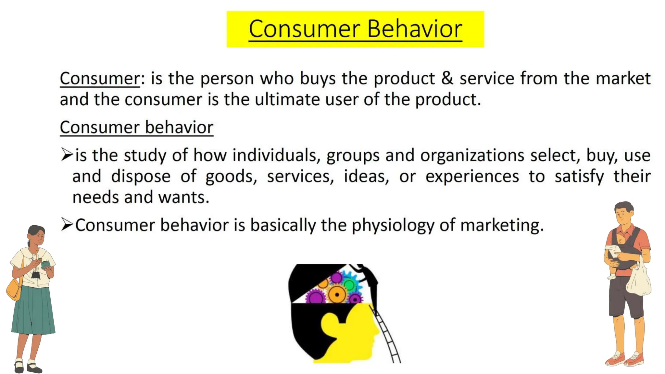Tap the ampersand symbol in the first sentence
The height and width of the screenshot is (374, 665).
pos(447,78)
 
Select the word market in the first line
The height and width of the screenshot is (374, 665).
pos(623,78)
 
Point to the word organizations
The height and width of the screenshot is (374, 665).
pos(472,156)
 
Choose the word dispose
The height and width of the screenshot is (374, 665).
pos(141,177)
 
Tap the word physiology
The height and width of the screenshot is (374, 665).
pos(393,225)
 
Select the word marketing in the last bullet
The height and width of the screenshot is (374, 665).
pos(502,225)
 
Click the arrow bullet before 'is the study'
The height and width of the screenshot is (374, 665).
pos(67,154)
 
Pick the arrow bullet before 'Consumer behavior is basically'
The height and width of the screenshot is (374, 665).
pos(67,224)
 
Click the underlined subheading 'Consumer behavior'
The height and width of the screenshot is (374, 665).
pos(136,127)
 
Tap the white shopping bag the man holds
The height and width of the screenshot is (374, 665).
pos(638,281)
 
